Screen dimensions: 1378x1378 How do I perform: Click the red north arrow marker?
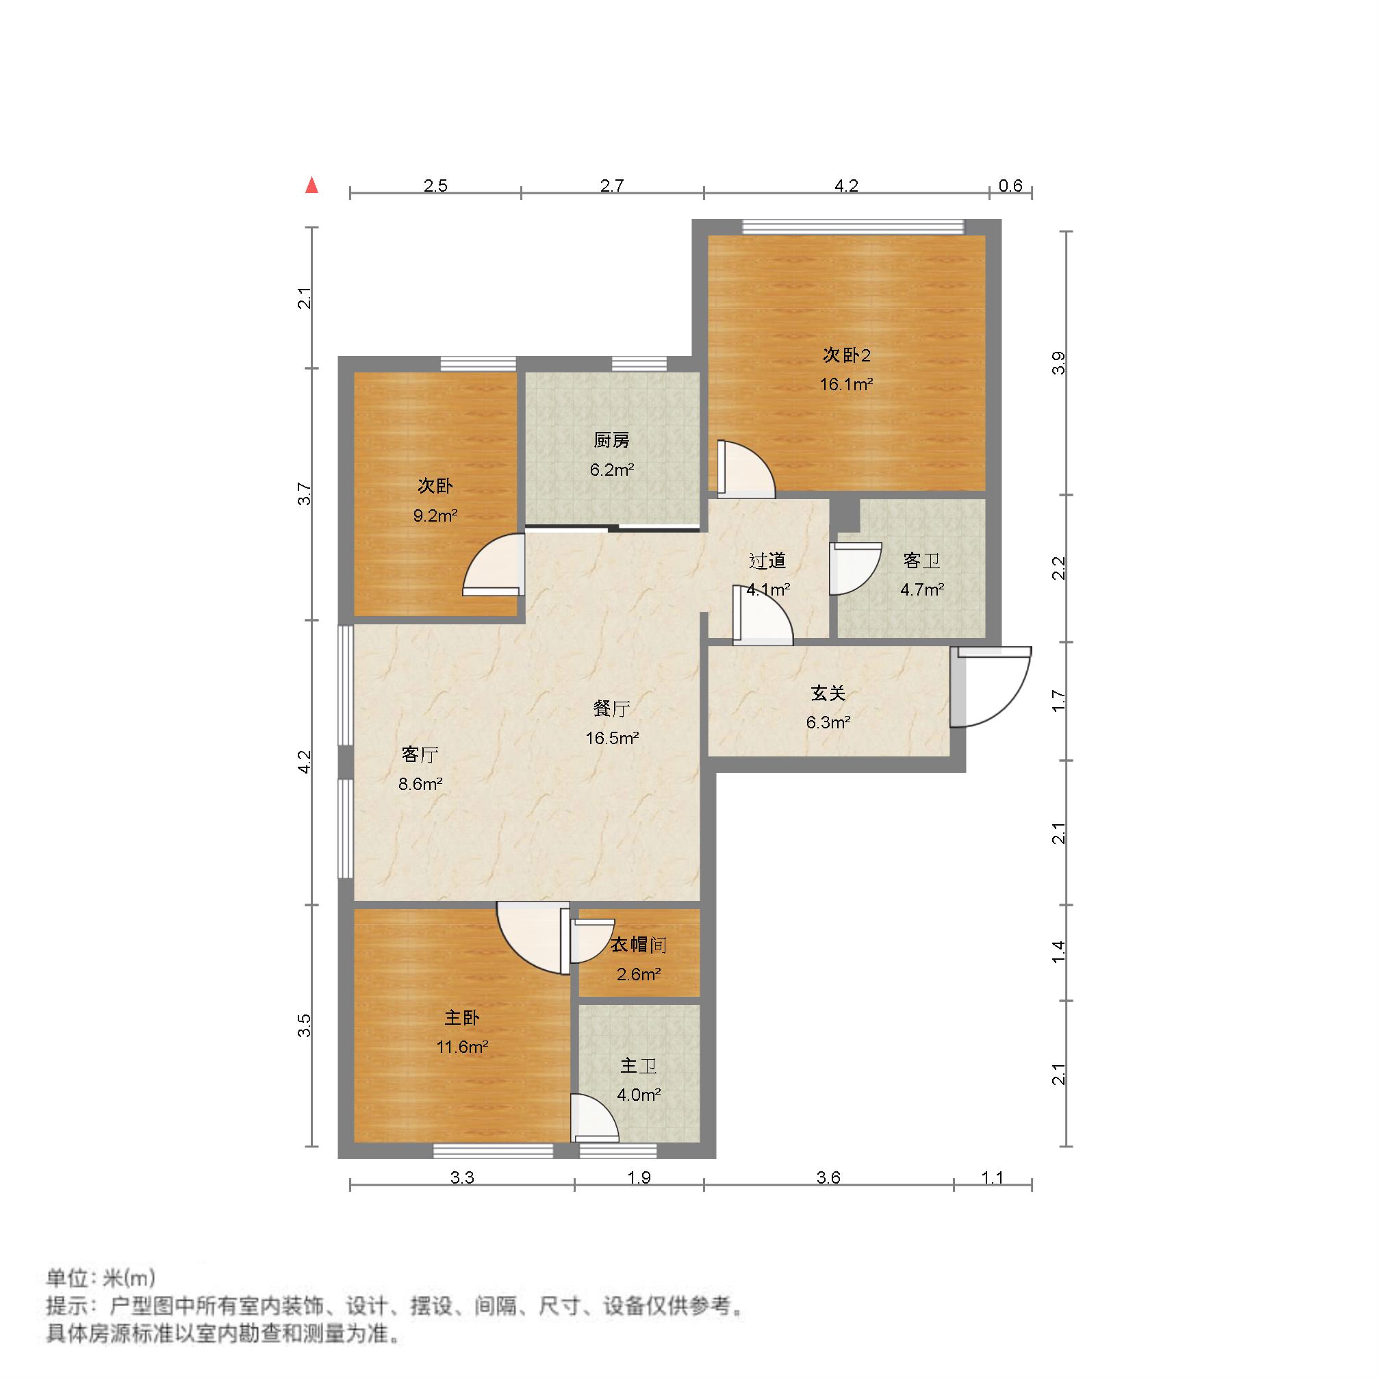(x=311, y=186)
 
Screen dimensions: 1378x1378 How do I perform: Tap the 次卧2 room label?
(x=847, y=355)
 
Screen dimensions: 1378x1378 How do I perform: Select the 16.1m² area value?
(x=847, y=385)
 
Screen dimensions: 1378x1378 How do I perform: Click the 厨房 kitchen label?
(x=612, y=440)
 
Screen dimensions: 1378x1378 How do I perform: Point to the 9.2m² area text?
(x=435, y=515)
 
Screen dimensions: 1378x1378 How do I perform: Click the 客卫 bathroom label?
(x=921, y=561)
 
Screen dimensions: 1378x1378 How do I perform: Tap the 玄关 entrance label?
(x=828, y=693)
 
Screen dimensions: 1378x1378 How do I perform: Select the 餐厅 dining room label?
(x=612, y=709)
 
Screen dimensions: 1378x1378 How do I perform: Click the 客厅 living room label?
(x=420, y=754)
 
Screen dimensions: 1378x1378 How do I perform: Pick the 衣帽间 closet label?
(x=639, y=945)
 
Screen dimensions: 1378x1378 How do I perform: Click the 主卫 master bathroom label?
(x=639, y=1066)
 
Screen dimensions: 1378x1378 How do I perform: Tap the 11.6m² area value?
(x=462, y=1047)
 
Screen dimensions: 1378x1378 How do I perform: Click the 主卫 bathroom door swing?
(x=595, y=1118)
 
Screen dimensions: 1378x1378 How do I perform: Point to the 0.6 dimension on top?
(x=1010, y=186)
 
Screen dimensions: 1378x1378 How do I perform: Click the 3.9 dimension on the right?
(x=1059, y=362)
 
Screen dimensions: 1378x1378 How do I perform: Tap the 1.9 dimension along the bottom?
(x=639, y=1177)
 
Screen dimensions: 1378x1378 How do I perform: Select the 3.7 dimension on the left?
(x=305, y=494)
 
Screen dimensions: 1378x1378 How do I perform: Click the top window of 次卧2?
(x=853, y=227)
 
